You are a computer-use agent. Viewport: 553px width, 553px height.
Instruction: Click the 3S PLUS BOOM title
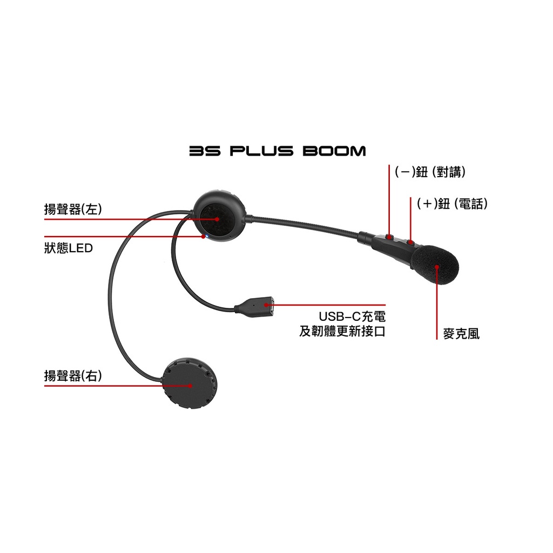[278, 151]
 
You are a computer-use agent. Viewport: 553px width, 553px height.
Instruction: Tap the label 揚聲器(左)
[73, 209]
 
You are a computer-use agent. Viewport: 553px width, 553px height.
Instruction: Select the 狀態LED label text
[69, 248]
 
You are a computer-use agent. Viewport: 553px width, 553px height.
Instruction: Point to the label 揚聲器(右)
[73, 376]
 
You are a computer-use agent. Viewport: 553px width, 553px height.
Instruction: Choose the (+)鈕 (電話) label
[452, 204]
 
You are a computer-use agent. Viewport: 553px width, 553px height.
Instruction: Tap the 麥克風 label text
[461, 334]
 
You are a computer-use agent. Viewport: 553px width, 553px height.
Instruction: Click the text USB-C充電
[352, 316]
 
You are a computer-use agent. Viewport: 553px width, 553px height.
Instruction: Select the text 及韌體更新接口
[342, 332]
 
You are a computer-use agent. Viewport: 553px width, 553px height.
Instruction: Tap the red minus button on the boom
[389, 237]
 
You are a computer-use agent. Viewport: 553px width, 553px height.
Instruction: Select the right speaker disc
[190, 383]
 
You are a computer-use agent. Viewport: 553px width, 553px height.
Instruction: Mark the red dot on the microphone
[437, 267]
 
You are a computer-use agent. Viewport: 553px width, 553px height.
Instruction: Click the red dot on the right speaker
[191, 386]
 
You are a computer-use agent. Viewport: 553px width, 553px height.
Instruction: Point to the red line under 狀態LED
[124, 237]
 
